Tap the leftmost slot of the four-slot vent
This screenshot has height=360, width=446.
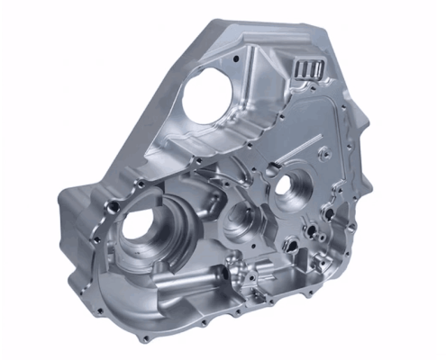point(298,69)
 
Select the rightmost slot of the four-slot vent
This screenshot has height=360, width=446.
point(317,68)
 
